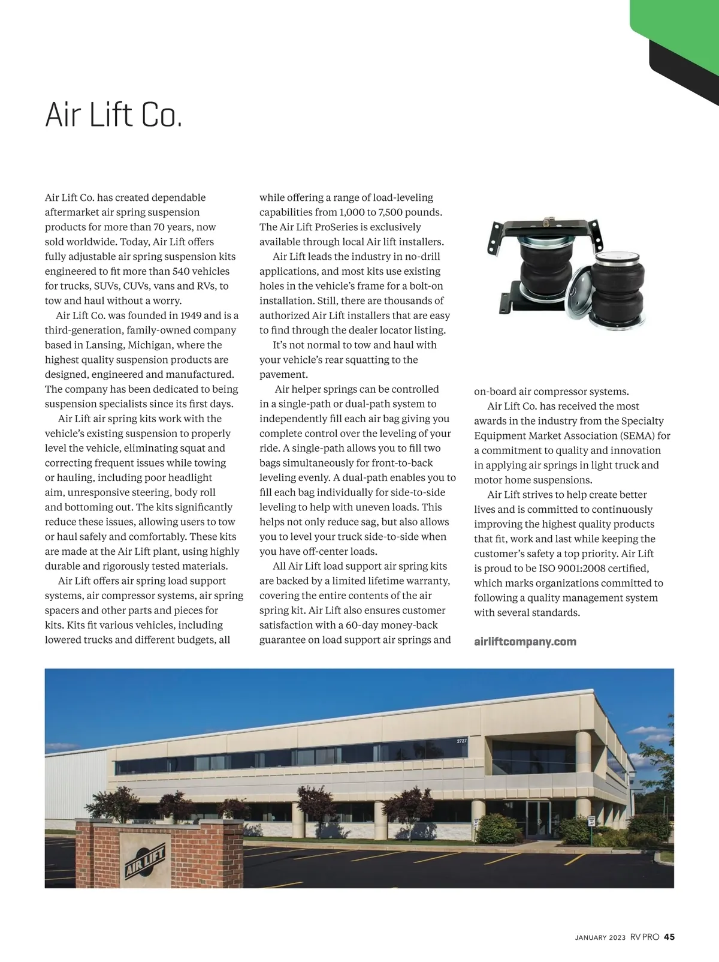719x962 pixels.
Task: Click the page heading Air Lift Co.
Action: coord(113,115)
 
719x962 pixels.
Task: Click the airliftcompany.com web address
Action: coord(525,641)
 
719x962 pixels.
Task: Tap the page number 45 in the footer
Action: coord(669,937)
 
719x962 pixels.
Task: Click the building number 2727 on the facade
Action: coord(461,741)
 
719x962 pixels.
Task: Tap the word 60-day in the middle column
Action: coord(361,625)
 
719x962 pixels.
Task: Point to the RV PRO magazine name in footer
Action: coord(644,937)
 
